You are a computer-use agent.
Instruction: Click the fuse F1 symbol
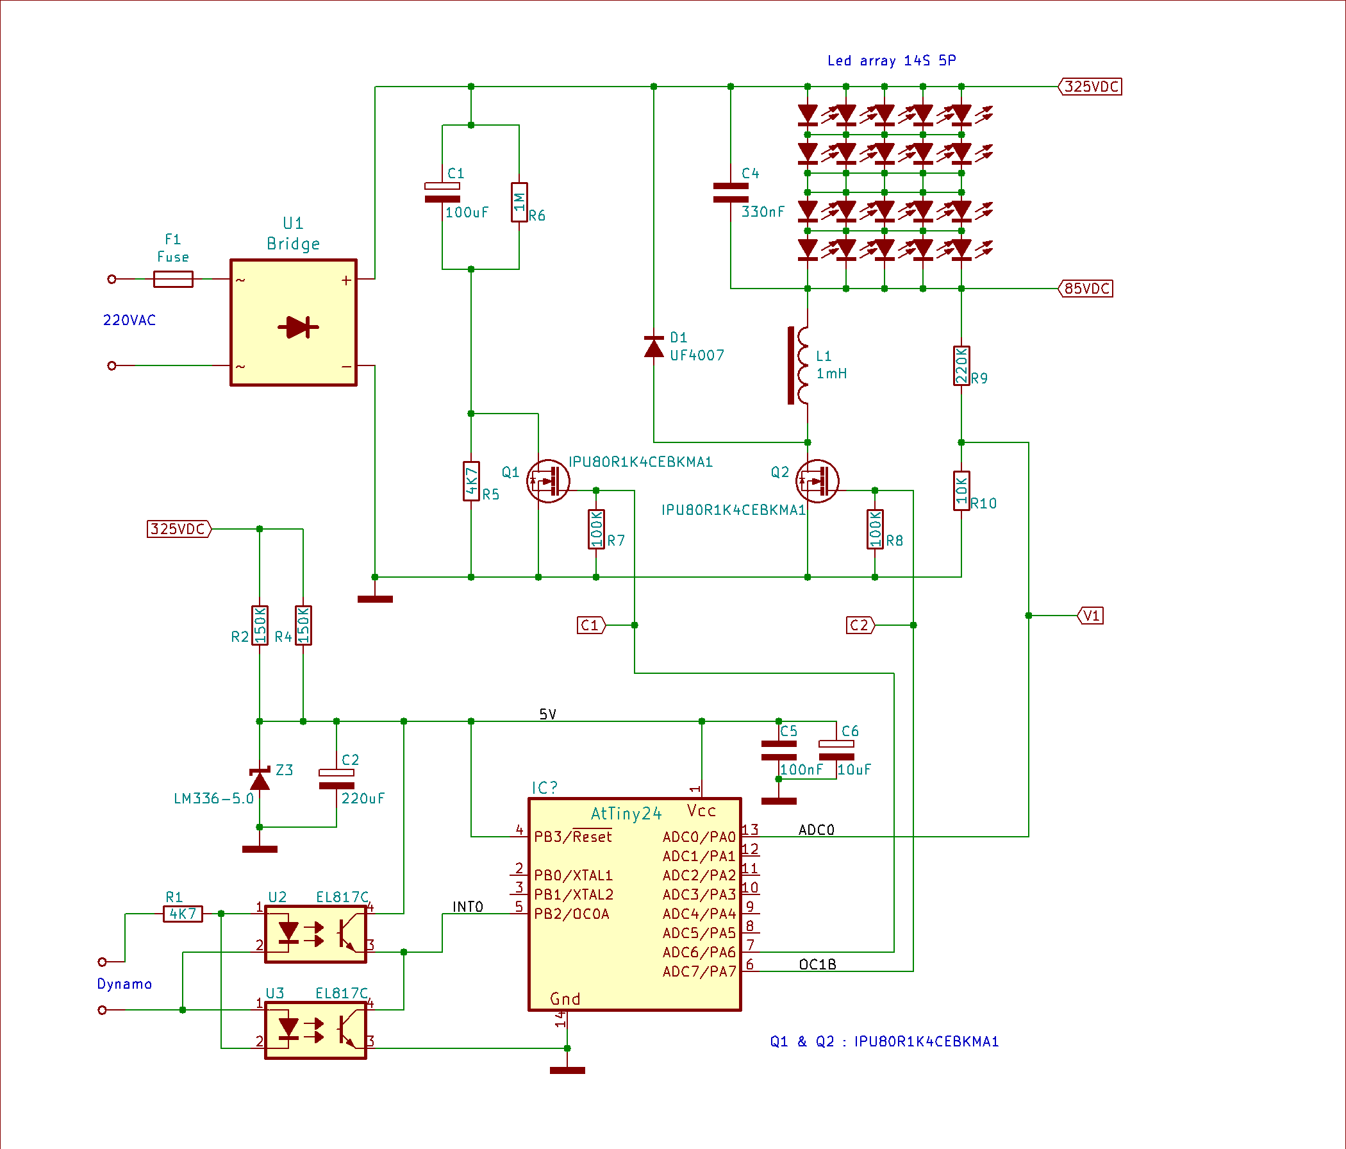coord(173,279)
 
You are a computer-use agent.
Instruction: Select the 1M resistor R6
coord(519,202)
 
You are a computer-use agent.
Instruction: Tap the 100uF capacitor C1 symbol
coord(442,192)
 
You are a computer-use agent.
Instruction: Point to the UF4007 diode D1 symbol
coord(654,347)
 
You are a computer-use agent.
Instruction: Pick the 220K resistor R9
coord(961,366)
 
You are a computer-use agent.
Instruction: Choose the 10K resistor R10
coord(961,491)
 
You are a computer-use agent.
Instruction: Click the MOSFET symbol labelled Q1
coord(547,482)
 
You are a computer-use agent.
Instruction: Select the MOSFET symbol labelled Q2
coord(817,482)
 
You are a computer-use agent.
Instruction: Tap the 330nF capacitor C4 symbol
coord(731,192)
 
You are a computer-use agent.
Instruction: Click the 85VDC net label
coord(1086,289)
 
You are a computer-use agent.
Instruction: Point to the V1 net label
coord(1091,616)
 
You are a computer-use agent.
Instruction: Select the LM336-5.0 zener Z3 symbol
coord(260,778)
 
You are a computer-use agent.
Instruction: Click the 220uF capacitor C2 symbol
coord(336,779)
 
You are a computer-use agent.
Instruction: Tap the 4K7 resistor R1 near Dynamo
coord(183,914)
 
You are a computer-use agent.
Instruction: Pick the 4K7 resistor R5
coord(471,481)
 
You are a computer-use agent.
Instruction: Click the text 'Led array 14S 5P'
coord(892,60)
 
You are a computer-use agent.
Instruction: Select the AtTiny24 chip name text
coord(626,814)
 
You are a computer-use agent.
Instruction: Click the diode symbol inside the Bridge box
coord(298,327)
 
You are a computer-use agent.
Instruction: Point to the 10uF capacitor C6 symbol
coord(836,751)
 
